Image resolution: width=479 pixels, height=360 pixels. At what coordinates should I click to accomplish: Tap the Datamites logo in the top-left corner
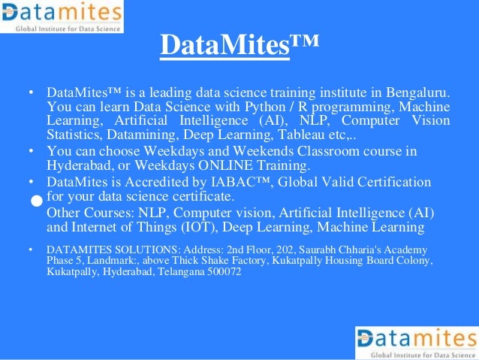[62, 17]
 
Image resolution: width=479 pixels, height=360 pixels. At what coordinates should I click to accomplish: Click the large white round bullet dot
[35, 201]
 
